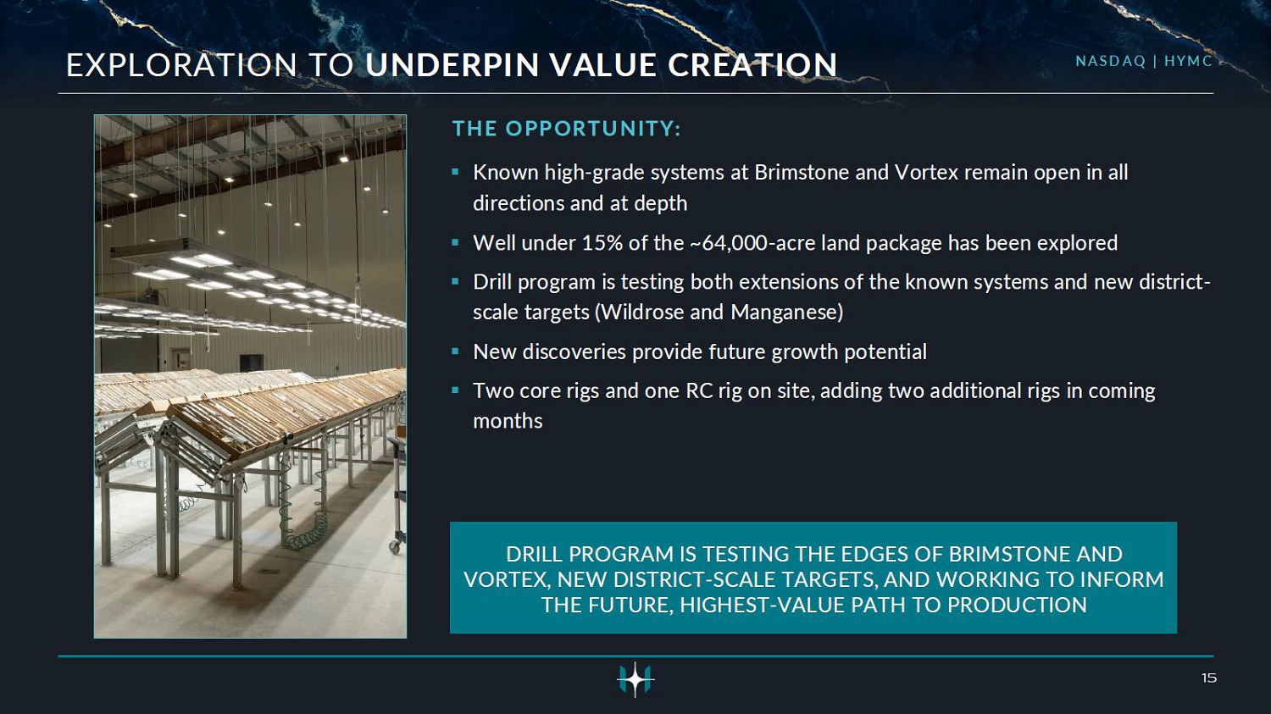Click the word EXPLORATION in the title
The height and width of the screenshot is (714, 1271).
181,65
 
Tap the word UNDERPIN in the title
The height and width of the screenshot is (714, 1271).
452,65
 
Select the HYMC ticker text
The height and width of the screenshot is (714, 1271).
1188,61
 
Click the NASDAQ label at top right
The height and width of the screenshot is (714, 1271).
1110,61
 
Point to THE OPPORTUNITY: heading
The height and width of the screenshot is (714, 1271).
566,129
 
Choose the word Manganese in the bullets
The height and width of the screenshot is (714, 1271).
784,313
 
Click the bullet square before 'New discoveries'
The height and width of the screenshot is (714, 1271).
455,351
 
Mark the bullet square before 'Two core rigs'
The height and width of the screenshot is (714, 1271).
455,390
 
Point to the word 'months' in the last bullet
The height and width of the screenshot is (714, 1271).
508,421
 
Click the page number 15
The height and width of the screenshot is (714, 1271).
1208,678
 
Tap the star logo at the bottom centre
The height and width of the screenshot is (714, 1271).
635,678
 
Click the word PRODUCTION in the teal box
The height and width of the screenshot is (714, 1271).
1017,605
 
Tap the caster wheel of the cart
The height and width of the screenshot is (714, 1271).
394,546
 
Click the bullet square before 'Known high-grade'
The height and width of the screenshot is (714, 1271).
455,171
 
